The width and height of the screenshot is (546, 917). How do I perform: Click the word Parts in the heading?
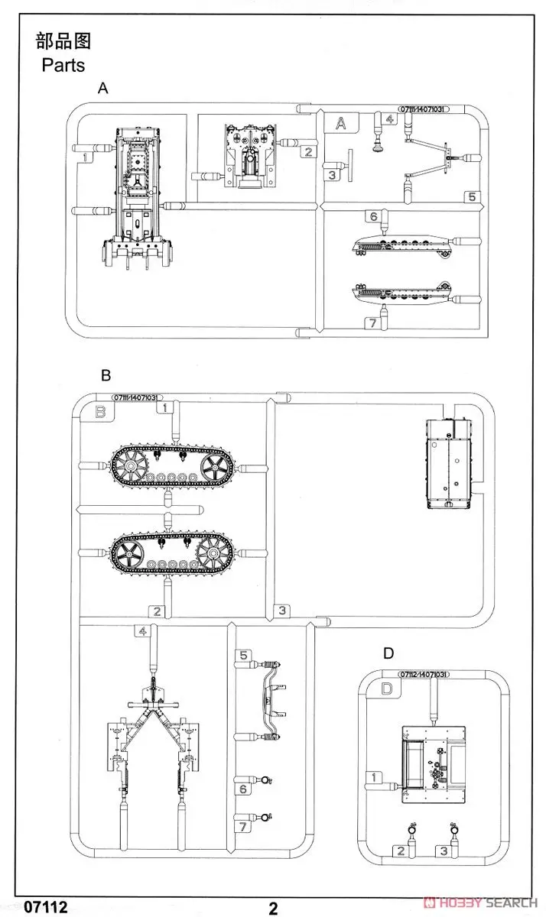64,64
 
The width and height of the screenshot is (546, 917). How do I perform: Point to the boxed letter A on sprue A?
341,122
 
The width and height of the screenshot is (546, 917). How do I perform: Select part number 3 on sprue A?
331,175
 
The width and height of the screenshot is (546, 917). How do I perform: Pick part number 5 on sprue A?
472,196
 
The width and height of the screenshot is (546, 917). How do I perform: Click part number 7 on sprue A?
372,323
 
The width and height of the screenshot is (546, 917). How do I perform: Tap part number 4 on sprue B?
142,630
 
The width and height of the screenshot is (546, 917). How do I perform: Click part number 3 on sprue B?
282,610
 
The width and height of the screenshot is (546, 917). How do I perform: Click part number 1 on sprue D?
373,777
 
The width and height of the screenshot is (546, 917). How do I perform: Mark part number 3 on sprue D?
442,851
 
